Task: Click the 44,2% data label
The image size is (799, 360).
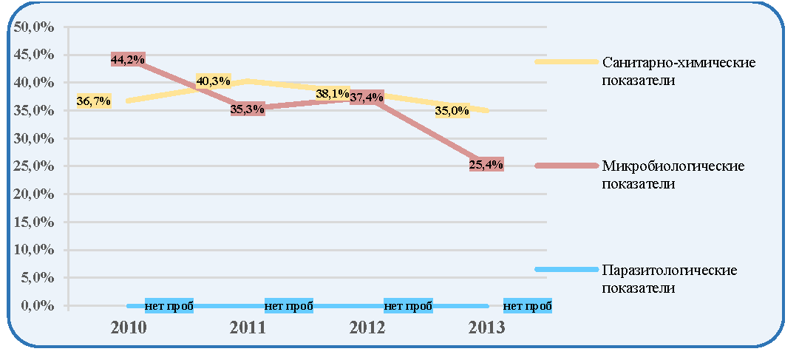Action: tap(128, 59)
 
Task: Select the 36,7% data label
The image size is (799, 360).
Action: tap(94, 101)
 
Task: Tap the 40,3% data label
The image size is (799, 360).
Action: tap(214, 81)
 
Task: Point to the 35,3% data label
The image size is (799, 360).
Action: tap(248, 109)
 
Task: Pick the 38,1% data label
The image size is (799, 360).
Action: tap(332, 93)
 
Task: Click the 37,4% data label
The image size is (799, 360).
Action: tap(367, 97)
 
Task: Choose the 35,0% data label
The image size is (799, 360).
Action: tap(452, 111)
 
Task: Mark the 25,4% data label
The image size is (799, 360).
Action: tap(486, 164)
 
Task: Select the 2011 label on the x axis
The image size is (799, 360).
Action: tap(248, 327)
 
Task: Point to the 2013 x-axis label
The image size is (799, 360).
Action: tap(486, 327)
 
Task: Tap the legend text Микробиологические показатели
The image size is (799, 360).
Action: tap(673, 174)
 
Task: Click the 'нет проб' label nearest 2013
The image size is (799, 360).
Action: tap(528, 306)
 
